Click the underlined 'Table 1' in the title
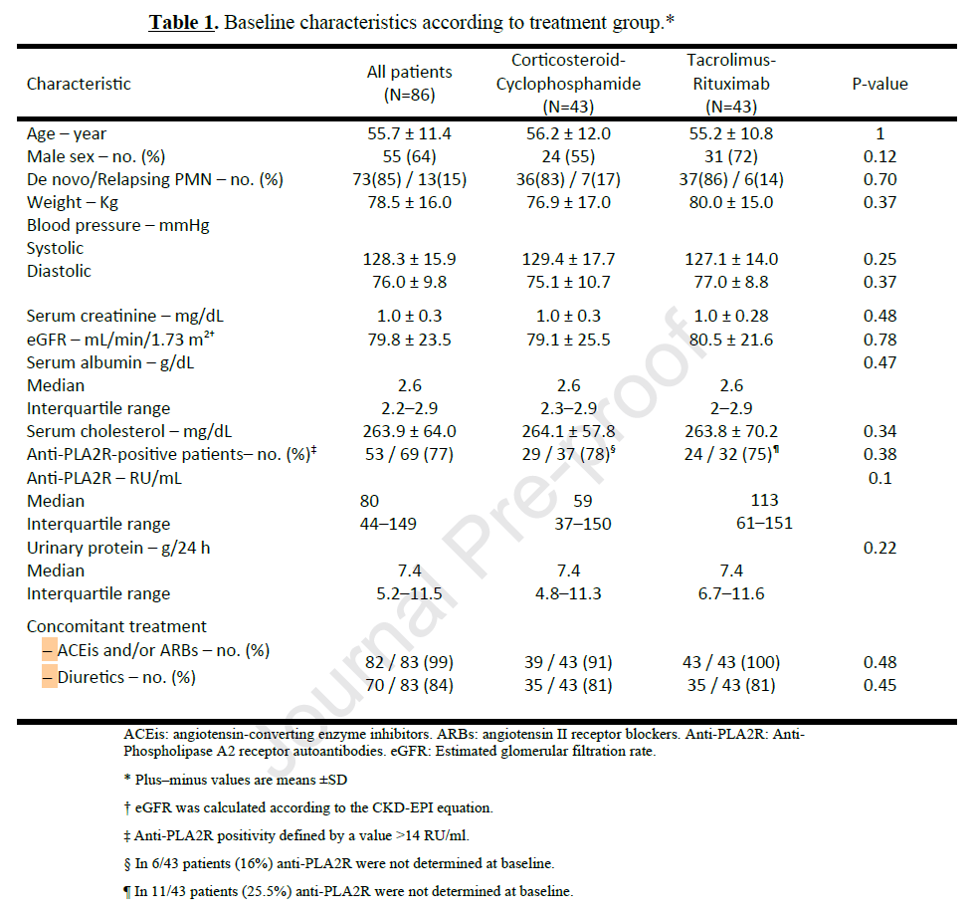[x=182, y=22]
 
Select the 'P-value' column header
[x=879, y=84]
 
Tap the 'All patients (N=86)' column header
[x=409, y=84]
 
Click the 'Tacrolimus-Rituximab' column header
[x=731, y=84]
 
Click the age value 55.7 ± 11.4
[x=409, y=133]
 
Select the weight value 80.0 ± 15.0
[x=731, y=202]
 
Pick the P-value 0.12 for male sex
[x=880, y=156]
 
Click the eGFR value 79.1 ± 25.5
[x=569, y=340]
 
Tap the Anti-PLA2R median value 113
[x=764, y=500]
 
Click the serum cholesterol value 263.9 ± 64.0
[x=409, y=431]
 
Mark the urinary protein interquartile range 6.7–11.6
[x=731, y=593]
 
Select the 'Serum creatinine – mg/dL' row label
[x=125, y=317]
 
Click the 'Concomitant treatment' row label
[x=116, y=626]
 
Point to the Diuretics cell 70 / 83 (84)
[x=409, y=685]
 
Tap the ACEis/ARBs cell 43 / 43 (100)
[x=731, y=662]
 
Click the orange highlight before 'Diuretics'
[x=50, y=677]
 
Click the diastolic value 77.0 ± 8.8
[x=731, y=282]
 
